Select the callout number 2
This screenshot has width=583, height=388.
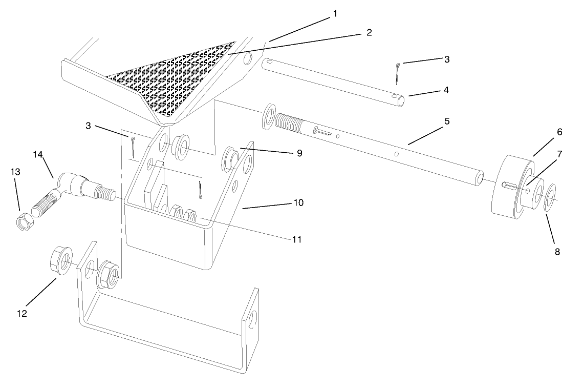[x=369, y=32]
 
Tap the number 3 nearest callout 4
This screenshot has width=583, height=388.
[x=446, y=59]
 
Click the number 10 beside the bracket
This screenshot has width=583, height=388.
[x=298, y=203]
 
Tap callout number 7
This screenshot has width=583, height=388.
[x=559, y=154]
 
